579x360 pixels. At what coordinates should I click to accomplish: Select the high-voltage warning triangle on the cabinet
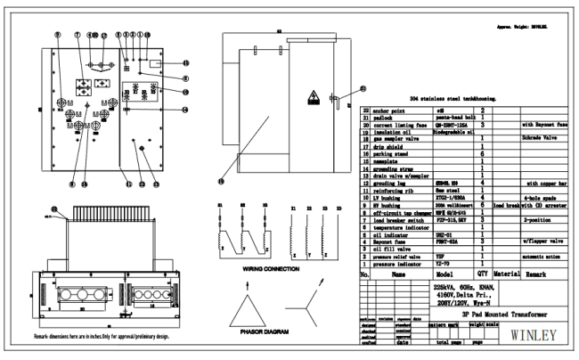point(314,97)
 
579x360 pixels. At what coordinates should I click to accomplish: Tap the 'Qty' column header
point(482,275)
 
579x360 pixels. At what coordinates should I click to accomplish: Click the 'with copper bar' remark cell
point(545,181)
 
